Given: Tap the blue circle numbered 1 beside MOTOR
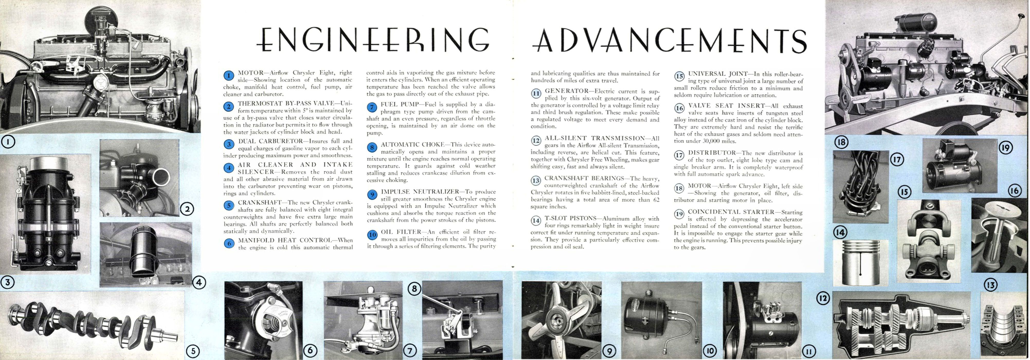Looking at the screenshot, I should pyautogui.click(x=229, y=76).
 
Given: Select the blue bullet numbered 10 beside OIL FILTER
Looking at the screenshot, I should pyautogui.click(x=372, y=235).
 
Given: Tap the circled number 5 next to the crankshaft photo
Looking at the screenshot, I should pyautogui.click(x=193, y=351).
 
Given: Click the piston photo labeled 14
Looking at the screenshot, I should pyautogui.click(x=860, y=262).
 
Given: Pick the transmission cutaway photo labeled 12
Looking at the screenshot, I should pyautogui.click(x=902, y=324).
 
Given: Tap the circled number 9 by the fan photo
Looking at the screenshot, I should pyautogui.click(x=609, y=351).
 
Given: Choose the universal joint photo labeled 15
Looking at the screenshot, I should pyautogui.click(x=928, y=240).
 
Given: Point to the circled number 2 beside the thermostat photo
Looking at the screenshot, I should pyautogui.click(x=187, y=208).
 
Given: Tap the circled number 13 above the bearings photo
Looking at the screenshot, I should pyautogui.click(x=990, y=285).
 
